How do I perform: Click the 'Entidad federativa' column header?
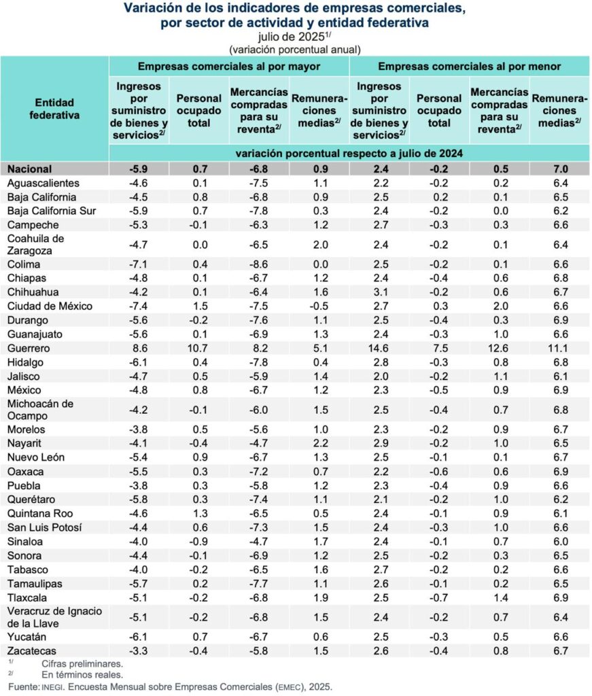coord(54,109)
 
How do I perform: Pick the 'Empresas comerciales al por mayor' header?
coord(229,67)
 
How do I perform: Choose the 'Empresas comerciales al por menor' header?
coord(469,67)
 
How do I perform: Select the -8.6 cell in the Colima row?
coord(260,264)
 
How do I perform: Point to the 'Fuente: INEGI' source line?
coord(170,686)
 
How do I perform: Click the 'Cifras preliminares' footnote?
coord(82,663)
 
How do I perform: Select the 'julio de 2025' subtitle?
coord(292,37)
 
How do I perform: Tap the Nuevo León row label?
coord(35,457)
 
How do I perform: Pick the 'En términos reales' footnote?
coord(82,675)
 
